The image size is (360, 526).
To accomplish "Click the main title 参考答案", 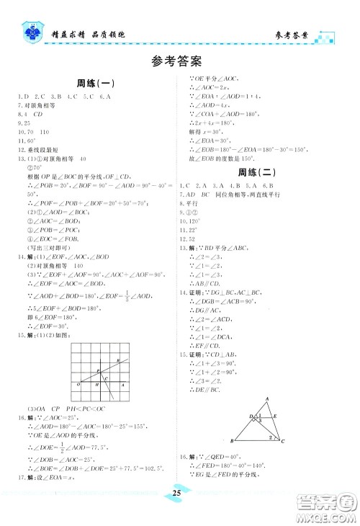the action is tap(180, 61).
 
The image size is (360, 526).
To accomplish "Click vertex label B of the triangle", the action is tap(232, 441).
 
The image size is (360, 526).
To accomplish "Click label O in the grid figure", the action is tap(76, 387).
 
